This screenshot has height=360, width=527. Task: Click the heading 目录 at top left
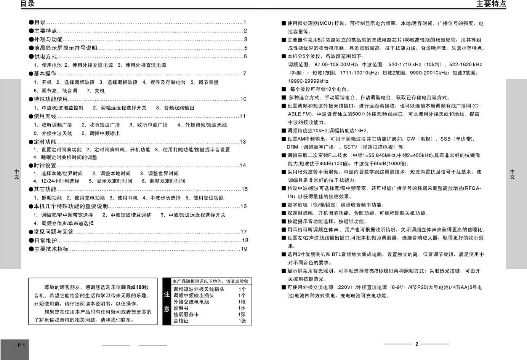coord(27,4)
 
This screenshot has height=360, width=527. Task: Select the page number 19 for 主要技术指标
coord(244,249)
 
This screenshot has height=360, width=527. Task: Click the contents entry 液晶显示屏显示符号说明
coord(65,48)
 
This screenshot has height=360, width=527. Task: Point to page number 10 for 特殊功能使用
coord(243,99)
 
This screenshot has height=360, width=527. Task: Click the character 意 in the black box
coord(167,309)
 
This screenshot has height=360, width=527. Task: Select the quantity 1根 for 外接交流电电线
coord(242,302)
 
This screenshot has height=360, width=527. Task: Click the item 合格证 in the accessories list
coord(181,321)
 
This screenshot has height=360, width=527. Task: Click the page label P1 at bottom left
coord(21,345)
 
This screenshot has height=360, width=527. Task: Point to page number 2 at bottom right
coord(416,344)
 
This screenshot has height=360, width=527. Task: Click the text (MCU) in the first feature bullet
coord(325,24)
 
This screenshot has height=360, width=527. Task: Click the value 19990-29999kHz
coord(308,81)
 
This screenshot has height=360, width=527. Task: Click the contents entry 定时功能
coord(45,142)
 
